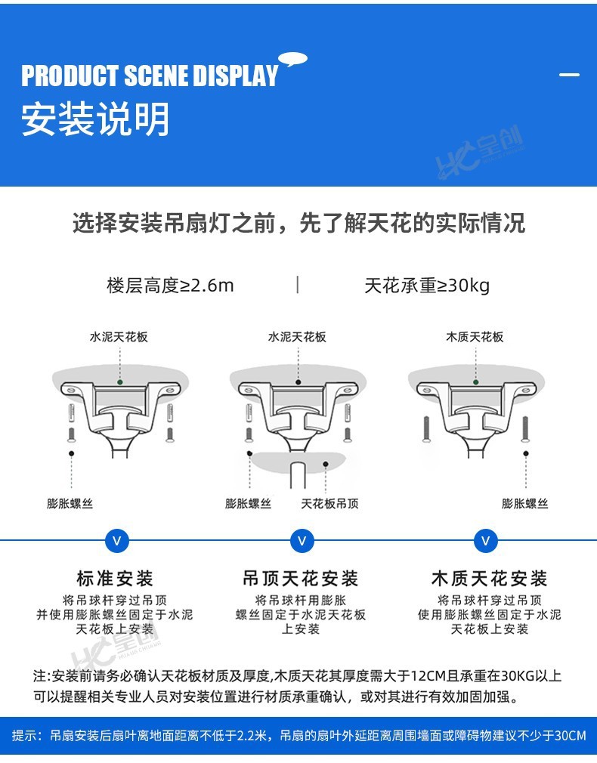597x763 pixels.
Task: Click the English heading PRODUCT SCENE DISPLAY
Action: click(x=150, y=76)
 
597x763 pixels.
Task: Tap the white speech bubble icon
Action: click(x=292, y=59)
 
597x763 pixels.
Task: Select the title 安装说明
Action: click(x=95, y=119)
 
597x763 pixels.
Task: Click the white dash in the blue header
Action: click(x=569, y=75)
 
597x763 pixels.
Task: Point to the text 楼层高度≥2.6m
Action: click(x=170, y=286)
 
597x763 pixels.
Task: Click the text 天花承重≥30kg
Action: click(x=427, y=286)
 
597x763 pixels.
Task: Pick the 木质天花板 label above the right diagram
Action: click(x=475, y=337)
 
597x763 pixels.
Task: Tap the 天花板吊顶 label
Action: click(x=329, y=503)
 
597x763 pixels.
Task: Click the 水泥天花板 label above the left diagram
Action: click(x=119, y=337)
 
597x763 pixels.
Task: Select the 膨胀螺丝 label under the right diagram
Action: click(x=525, y=503)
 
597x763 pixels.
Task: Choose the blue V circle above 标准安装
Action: click(x=116, y=541)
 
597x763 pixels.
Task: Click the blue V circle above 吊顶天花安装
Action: click(x=302, y=541)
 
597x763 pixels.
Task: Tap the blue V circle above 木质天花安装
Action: click(x=485, y=541)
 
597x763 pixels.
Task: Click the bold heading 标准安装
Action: click(x=115, y=579)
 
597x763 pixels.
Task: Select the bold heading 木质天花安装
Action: click(x=489, y=579)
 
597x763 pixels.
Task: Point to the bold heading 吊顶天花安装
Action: click(x=300, y=579)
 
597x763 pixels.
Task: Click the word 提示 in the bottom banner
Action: click(x=25, y=735)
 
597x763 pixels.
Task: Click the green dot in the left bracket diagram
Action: click(x=119, y=382)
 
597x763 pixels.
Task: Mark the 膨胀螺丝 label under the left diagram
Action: click(x=70, y=503)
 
